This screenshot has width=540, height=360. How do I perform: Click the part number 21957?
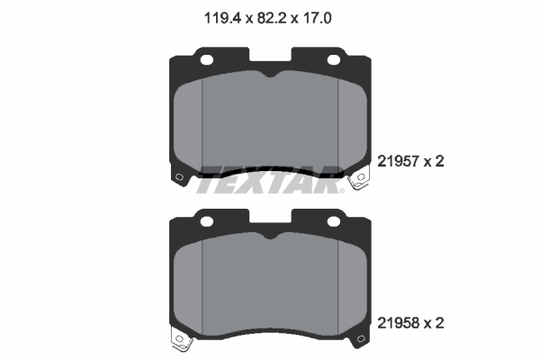pyautogui.click(x=401, y=162)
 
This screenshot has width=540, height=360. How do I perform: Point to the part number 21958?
pyautogui.click(x=401, y=321)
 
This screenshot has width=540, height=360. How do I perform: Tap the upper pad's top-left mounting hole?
pyautogui.click(x=206, y=61)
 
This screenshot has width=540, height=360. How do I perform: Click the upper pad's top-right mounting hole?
pyautogui.click(x=334, y=61)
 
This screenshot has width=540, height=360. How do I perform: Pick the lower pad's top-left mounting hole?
pyautogui.click(x=206, y=219)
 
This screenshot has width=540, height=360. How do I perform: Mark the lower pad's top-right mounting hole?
pyautogui.click(x=334, y=219)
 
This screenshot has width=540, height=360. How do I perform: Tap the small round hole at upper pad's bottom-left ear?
pyautogui.click(x=178, y=175)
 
